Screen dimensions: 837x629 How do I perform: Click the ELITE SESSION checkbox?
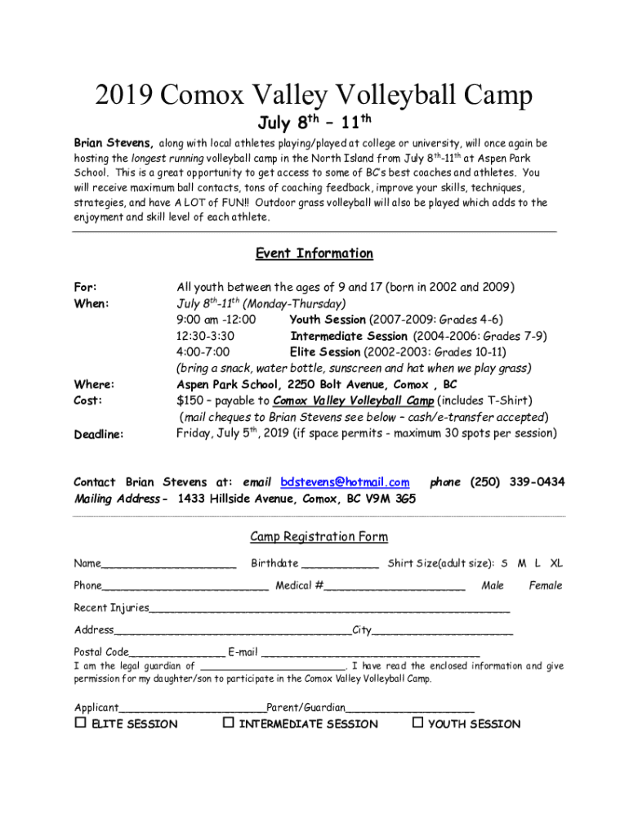pyautogui.click(x=80, y=723)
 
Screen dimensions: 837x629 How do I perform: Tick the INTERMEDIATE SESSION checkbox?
pyautogui.click(x=229, y=723)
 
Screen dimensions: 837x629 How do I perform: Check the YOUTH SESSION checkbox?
pyautogui.click(x=417, y=723)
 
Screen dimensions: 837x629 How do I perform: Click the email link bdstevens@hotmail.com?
pyautogui.click(x=345, y=482)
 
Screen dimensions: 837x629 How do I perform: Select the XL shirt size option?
pyautogui.click(x=556, y=563)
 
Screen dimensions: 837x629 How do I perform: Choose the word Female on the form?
pyautogui.click(x=546, y=585)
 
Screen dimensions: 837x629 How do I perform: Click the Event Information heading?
pyautogui.click(x=314, y=253)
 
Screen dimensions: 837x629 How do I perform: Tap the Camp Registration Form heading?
pyautogui.click(x=319, y=537)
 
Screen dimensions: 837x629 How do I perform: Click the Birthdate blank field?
pyautogui.click(x=340, y=564)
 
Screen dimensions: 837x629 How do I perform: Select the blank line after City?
pyautogui.click(x=443, y=631)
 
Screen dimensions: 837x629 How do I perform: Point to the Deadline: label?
pyautogui.click(x=99, y=434)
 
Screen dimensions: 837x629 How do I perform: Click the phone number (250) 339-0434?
pyautogui.click(x=517, y=482)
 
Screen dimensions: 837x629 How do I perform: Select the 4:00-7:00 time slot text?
pyautogui.click(x=203, y=352)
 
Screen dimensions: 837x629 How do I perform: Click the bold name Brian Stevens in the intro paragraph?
pyautogui.click(x=113, y=143)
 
